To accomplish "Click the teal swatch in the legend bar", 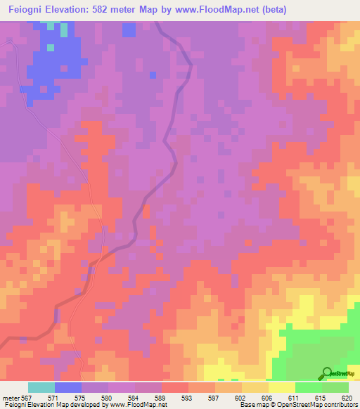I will coord(41,387).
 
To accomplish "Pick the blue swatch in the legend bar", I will coord(68,387).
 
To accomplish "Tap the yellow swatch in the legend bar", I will coord(282,387).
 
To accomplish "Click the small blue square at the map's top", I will coord(129,30).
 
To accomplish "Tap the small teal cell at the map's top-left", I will coord(65,30).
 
